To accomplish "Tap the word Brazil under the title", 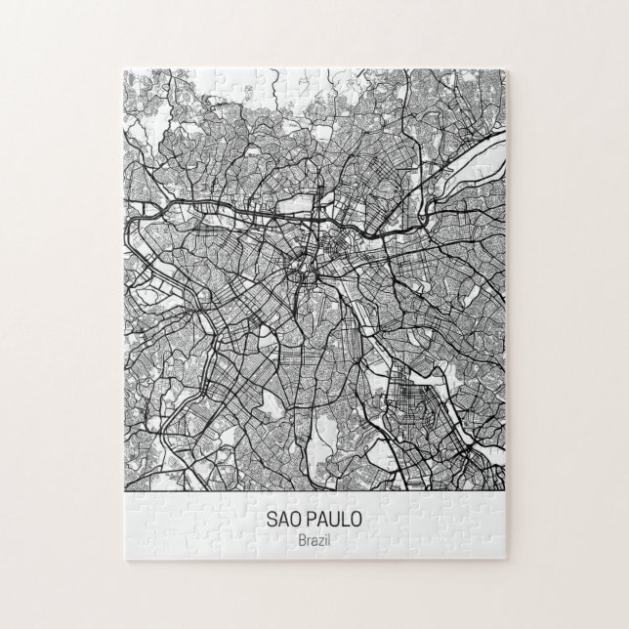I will tap(314, 542).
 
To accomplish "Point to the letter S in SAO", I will tap(270, 522).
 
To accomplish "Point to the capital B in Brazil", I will tap(301, 542).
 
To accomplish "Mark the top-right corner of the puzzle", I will tap(506, 69).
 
